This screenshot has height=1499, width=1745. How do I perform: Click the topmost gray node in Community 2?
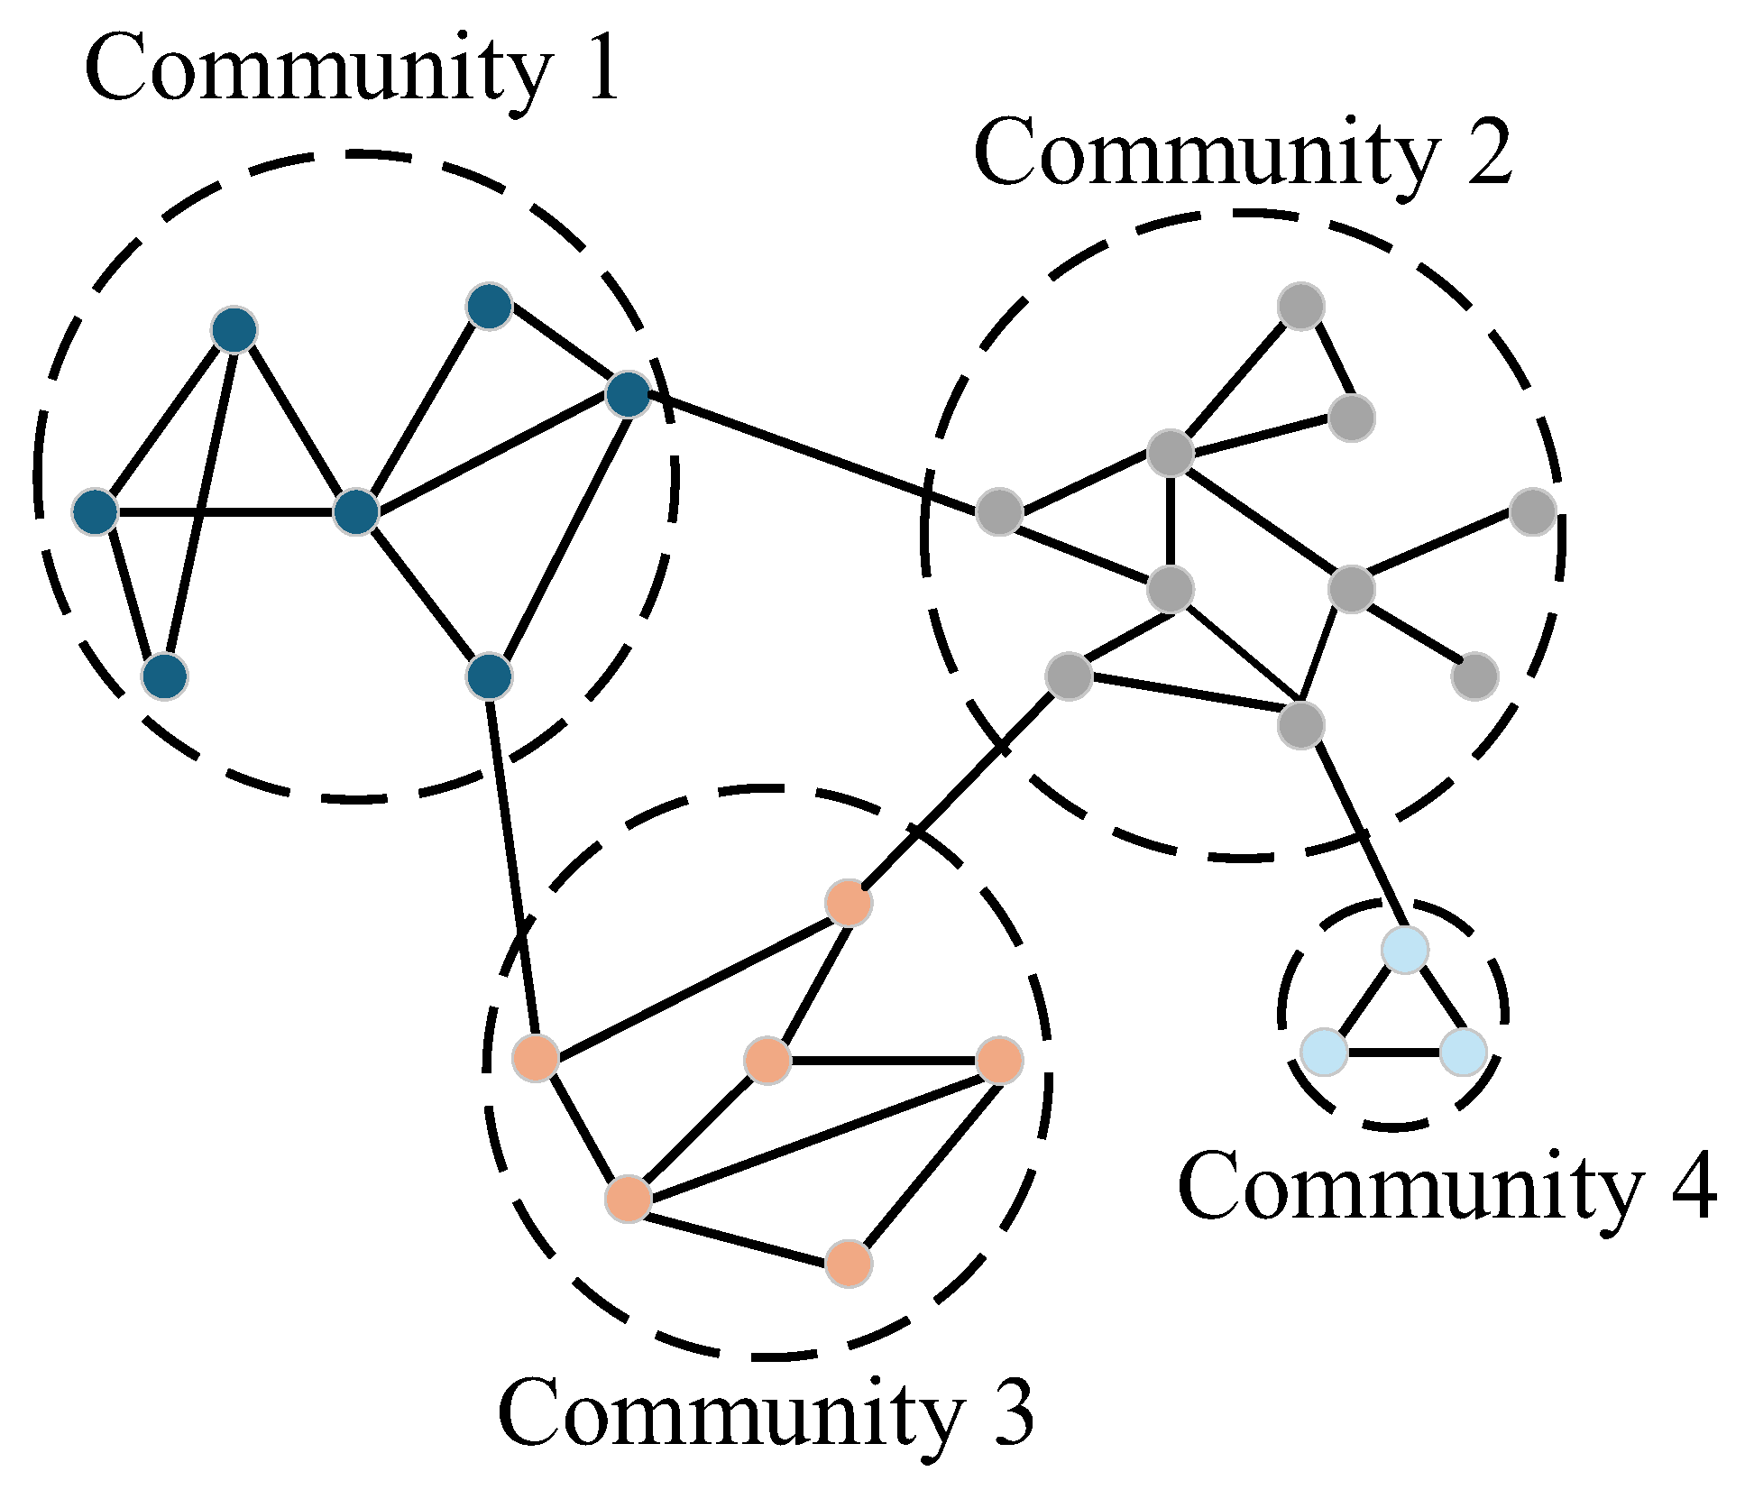tap(1300, 307)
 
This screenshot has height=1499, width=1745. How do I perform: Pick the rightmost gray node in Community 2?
tap(1533, 511)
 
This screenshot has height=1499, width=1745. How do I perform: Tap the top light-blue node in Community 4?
tap(1405, 949)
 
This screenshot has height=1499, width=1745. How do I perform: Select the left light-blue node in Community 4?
tap(1324, 1052)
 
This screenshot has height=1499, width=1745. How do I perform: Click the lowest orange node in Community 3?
tap(849, 1263)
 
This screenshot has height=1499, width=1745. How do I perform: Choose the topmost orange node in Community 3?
tap(849, 903)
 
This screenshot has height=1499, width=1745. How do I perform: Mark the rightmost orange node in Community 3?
tap(999, 1060)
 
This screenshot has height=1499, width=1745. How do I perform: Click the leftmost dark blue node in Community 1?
tap(96, 512)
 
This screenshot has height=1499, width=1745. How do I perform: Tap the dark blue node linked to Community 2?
tap(628, 394)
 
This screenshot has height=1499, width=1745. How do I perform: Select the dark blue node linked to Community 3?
tap(489, 676)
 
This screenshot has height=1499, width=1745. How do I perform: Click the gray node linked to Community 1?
tap(999, 512)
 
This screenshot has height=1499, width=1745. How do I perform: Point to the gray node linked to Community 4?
tap(1300, 724)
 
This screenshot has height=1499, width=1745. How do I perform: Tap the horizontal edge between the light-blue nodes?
tap(1393, 1053)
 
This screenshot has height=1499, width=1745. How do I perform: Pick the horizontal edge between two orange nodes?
tap(884, 1060)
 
